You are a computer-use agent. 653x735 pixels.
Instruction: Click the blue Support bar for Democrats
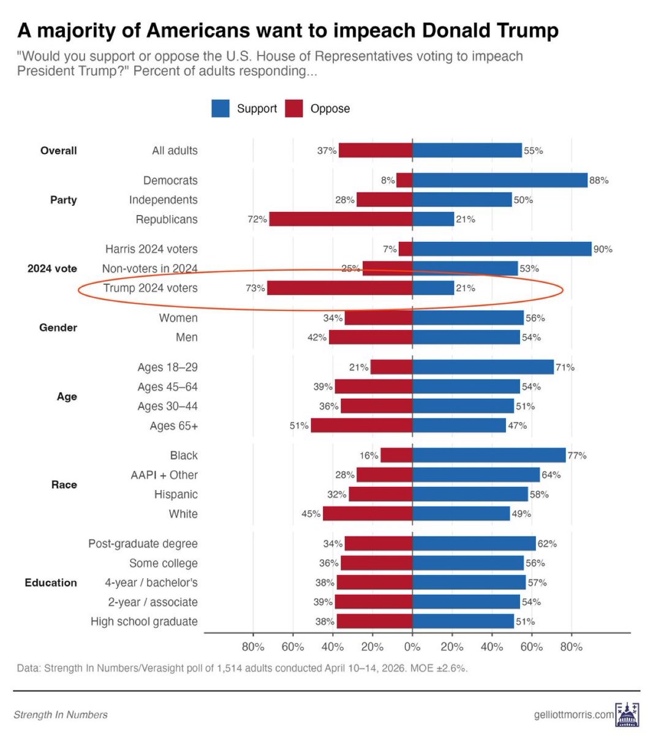pyautogui.click(x=499, y=180)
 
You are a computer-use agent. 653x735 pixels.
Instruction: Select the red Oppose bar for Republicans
pyautogui.click(x=341, y=219)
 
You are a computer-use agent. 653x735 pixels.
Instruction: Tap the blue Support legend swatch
pyautogui.click(x=221, y=108)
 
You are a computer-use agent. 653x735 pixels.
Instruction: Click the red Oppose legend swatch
pyautogui.click(x=294, y=108)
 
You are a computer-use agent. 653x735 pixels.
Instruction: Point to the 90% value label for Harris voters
pyautogui.click(x=603, y=249)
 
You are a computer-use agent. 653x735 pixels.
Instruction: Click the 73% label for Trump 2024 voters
pyautogui.click(x=255, y=288)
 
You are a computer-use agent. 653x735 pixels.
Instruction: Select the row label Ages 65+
pyautogui.click(x=173, y=426)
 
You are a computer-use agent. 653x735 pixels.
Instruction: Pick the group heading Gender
pyautogui.click(x=58, y=328)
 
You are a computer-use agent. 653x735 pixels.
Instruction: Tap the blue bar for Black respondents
pyautogui.click(x=489, y=455)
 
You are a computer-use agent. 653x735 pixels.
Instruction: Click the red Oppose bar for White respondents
pyautogui.click(x=368, y=514)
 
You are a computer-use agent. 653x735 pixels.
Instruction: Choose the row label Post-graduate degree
pyautogui.click(x=143, y=544)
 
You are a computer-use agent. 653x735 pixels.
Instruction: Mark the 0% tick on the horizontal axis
pyautogui.click(x=412, y=647)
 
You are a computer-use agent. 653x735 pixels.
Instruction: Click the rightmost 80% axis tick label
pyautogui.click(x=572, y=647)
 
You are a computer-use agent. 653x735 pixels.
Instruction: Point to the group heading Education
pyautogui.click(x=51, y=582)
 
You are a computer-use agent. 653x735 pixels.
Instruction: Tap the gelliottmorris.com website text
pyautogui.click(x=573, y=715)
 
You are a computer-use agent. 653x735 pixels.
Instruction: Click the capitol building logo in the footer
pyautogui.click(x=627, y=715)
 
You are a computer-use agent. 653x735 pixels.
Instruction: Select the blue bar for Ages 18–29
pyautogui.click(x=483, y=367)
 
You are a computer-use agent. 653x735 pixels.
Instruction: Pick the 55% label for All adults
pyautogui.click(x=534, y=151)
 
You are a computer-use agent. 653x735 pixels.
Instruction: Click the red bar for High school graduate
pyautogui.click(x=374, y=622)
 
